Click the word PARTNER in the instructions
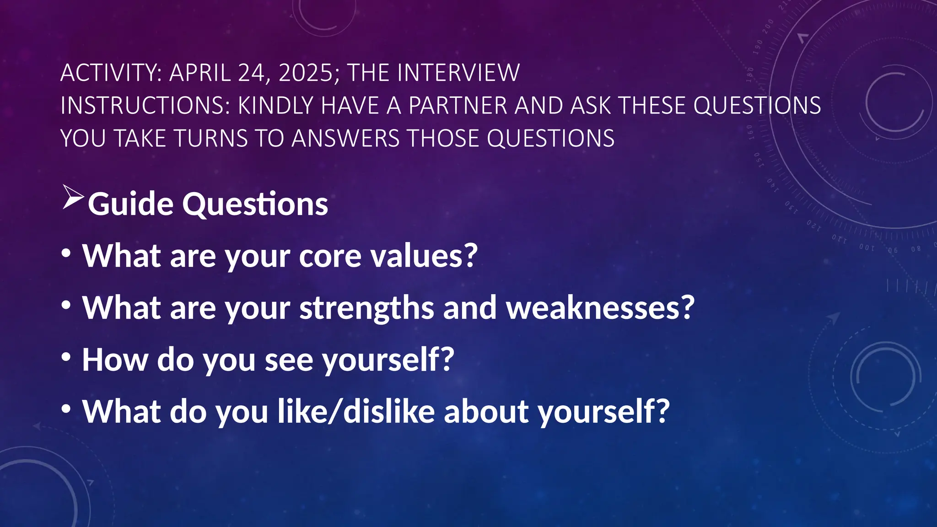coord(458,106)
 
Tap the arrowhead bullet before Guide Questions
coord(73,198)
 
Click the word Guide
coord(130,204)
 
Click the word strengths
coord(366,308)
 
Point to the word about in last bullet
coord(486,412)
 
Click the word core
coord(330,256)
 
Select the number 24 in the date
coord(252,73)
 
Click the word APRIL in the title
coord(200,73)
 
